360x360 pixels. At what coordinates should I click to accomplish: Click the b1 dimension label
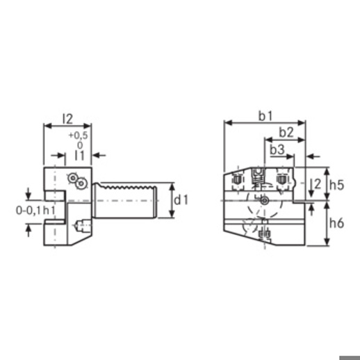pos(265,116)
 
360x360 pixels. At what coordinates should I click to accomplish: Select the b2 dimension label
pos(286,132)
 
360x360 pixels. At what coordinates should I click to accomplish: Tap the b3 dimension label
pos(277,149)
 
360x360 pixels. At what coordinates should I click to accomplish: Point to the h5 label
pos(337,185)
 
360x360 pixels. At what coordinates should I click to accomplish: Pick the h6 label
pos(337,223)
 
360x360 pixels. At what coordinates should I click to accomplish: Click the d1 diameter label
pos(181,200)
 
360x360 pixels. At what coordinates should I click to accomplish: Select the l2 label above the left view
pos(68,119)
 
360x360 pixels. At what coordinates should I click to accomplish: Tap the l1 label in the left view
pos(80,155)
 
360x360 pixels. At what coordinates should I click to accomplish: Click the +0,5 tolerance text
pos(79,136)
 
